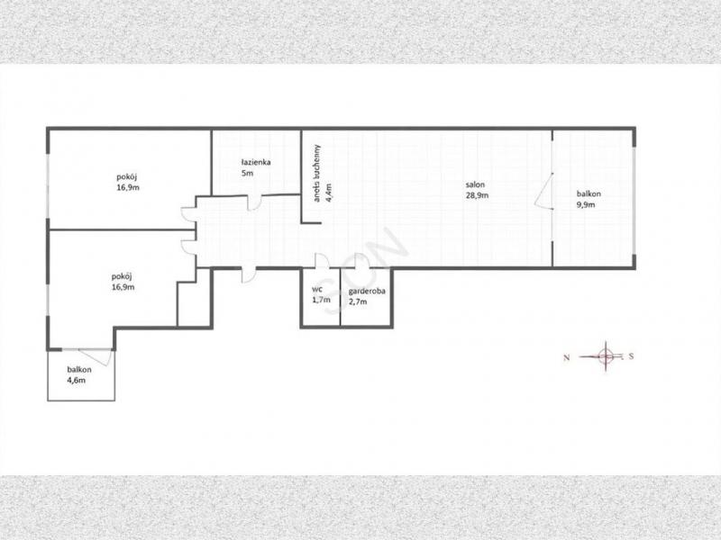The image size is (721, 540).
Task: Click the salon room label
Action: coord(475,184)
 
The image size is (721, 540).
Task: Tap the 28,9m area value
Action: coord(477,195)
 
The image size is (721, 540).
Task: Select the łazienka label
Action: coord(256,162)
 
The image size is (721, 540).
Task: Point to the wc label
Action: coord(317,290)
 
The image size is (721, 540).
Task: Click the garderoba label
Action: coord(367,291)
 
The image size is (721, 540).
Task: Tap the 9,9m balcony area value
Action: coord(586,205)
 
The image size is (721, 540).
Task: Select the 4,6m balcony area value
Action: coord(77,380)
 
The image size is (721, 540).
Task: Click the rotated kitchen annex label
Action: coord(317,173)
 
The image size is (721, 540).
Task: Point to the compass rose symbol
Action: coord(606,355)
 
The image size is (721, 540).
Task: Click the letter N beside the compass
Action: coord(567,357)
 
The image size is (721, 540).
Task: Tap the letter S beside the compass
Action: coord(632,355)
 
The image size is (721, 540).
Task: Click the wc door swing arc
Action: coord(322,260)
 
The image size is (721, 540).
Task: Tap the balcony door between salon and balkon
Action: coord(544,192)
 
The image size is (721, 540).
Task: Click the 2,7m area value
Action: coord(358,301)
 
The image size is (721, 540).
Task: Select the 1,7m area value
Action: coord(321,301)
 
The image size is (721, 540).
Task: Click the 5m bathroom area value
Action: coord(247,174)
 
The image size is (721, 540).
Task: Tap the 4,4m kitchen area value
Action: coord(328,193)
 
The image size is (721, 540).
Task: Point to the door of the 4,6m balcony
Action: coord(96,357)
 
